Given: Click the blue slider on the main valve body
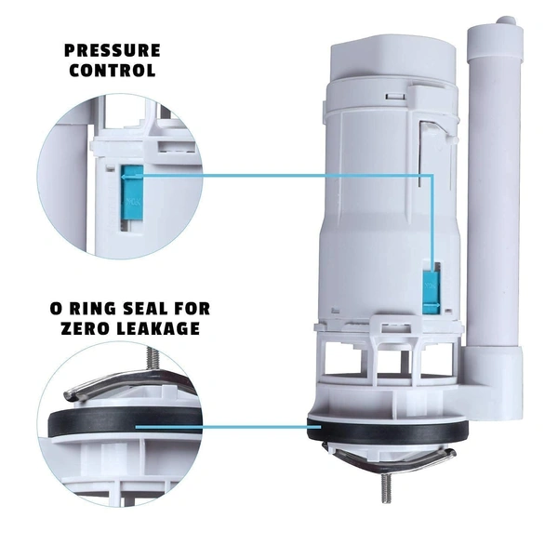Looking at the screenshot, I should pos(430,287).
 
